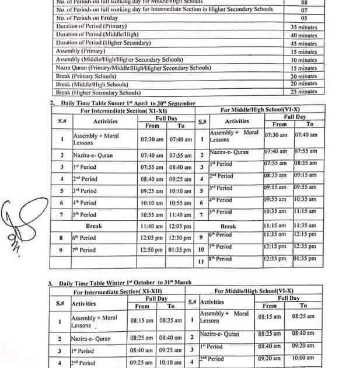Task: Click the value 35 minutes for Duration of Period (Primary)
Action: (x=303, y=27)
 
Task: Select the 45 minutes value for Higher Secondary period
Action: (x=303, y=43)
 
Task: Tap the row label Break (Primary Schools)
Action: (x=88, y=77)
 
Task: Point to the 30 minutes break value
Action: (x=303, y=76)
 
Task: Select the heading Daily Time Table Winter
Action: (x=123, y=283)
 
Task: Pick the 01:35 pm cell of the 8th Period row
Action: (x=305, y=259)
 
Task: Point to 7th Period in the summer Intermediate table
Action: (x=84, y=250)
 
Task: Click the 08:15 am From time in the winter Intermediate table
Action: (x=142, y=321)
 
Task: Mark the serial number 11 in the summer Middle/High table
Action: (x=201, y=261)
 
